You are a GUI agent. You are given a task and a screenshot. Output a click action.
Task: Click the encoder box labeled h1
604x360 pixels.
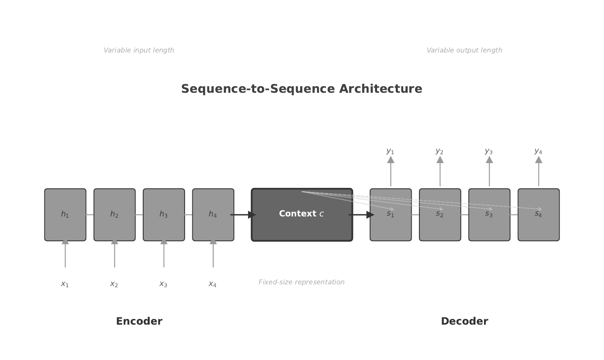coord(65,214)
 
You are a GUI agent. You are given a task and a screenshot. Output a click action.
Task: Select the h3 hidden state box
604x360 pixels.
coord(164,214)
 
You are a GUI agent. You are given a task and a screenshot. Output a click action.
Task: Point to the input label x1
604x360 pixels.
coord(65,284)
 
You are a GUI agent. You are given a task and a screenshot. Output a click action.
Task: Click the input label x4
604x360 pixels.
coord(213,284)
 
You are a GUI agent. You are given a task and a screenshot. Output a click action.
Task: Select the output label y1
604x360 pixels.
coord(390,151)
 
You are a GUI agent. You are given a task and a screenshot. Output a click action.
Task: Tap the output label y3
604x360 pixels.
coord(489,151)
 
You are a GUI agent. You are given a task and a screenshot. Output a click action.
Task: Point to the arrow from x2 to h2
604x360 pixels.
coord(115,254)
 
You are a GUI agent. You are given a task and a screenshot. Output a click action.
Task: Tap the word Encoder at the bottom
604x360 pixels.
coord(139,321)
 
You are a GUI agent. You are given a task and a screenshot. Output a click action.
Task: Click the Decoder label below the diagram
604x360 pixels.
coord(464,321)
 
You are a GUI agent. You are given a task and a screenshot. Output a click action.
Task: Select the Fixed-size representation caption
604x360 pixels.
coord(301,282)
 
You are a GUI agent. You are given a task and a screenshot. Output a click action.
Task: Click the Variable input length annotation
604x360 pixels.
coord(139,50)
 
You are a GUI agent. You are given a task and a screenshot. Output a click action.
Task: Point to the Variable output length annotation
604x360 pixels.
coord(464,50)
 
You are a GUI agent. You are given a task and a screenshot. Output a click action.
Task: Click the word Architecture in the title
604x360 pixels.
coord(380,89)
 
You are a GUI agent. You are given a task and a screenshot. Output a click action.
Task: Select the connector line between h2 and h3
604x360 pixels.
coord(139,215)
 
